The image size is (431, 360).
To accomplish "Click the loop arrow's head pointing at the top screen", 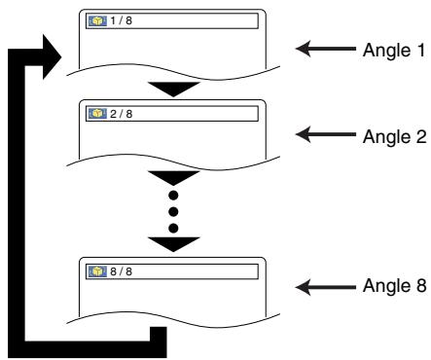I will [x=50, y=50].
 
